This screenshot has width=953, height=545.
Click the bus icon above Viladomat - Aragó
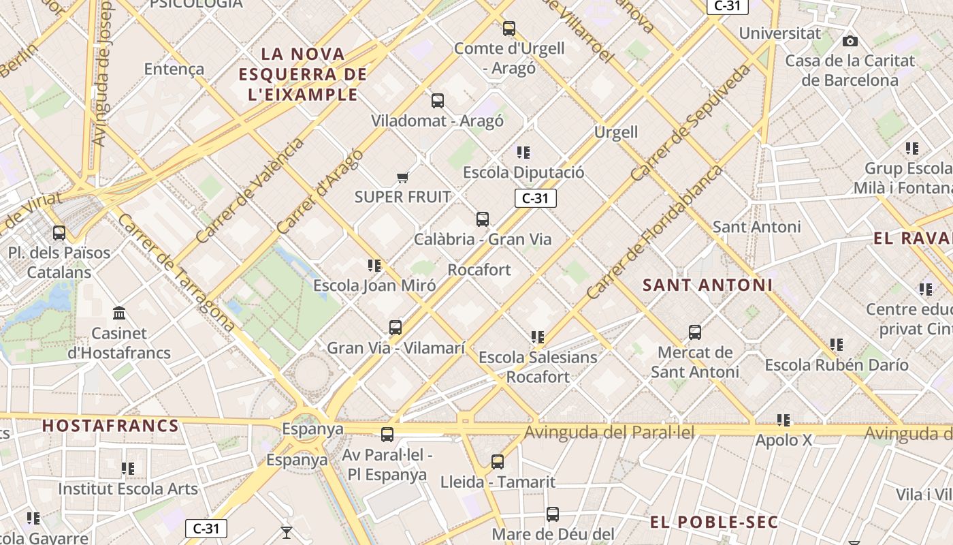click(438, 101)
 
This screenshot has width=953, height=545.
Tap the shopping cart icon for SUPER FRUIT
click(402, 177)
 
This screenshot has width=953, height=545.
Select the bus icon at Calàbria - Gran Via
click(483, 219)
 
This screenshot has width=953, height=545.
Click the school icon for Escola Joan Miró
click(374, 265)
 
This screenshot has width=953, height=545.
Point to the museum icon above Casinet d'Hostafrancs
click(120, 313)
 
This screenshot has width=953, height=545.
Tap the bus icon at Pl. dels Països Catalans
click(59, 233)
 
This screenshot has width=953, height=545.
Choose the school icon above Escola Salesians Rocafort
click(538, 337)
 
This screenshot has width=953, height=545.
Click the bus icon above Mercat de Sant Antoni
click(695, 332)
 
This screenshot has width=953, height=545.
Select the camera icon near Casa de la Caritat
click(850, 42)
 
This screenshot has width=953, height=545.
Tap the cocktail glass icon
click(287, 532)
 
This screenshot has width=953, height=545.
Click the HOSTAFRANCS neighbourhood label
click(110, 426)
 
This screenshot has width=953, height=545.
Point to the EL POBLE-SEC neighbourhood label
click(713, 523)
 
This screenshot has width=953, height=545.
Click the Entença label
click(174, 69)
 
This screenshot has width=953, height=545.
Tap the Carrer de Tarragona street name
click(176, 272)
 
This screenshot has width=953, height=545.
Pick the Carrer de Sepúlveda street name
click(690, 123)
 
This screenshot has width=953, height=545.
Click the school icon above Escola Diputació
click(523, 153)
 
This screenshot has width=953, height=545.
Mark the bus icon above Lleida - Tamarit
click(498, 462)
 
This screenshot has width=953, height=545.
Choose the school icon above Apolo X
click(784, 420)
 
